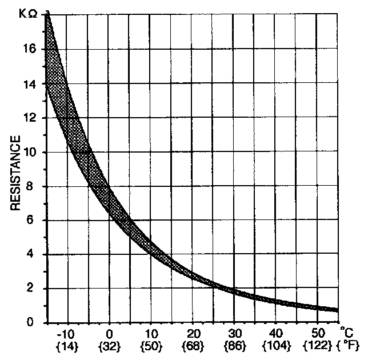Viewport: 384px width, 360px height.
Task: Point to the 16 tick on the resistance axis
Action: [31, 49]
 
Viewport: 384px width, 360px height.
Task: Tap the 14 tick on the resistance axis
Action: [31, 83]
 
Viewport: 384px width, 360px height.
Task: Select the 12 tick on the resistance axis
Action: [31, 118]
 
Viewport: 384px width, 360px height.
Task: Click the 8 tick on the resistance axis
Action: [34, 186]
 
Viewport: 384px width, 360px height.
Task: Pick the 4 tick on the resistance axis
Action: [34, 254]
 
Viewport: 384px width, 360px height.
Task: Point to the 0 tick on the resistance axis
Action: [34, 323]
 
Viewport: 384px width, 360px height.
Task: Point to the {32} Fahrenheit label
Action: [109, 346]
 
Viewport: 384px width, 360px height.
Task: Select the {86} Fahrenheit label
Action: [234, 346]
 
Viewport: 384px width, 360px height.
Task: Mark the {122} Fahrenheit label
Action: [318, 346]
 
